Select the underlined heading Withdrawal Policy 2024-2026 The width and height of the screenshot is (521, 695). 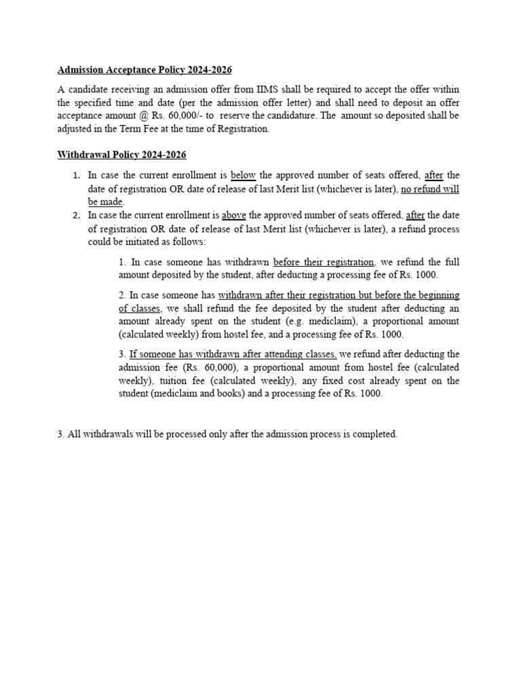point(121,155)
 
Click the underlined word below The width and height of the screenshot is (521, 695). point(244,175)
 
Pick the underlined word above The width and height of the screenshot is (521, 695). point(234,215)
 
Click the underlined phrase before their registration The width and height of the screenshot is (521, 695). point(324,261)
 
